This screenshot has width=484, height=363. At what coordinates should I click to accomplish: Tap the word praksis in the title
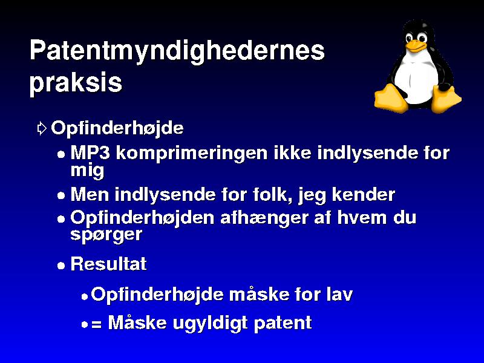pos(76,83)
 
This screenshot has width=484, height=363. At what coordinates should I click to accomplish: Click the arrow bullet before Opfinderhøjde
pos(42,128)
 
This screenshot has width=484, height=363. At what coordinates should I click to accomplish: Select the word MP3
pos(90,152)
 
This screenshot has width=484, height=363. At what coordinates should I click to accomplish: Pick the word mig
pos(87,171)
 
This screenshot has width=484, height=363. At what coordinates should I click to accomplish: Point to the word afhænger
pos(264,219)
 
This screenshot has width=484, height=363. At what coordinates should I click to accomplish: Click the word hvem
pos(362,218)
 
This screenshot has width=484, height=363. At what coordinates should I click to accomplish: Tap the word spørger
pos(106,235)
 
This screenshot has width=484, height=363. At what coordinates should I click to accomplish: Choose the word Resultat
pos(109,264)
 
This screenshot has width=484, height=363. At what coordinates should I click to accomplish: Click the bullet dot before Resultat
pos(61,266)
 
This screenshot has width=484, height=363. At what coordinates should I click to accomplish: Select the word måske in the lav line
pos(259,294)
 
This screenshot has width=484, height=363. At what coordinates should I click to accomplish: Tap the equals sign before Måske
pos(96,324)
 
